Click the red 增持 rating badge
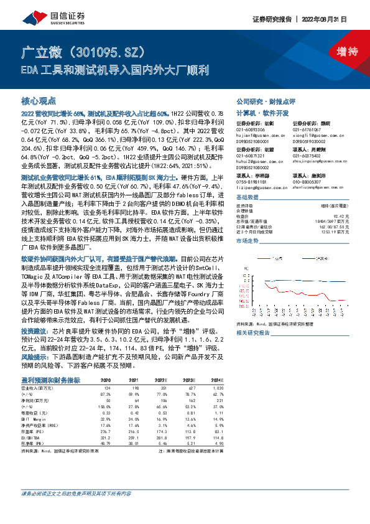(339, 51)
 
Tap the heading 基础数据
(247, 196)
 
